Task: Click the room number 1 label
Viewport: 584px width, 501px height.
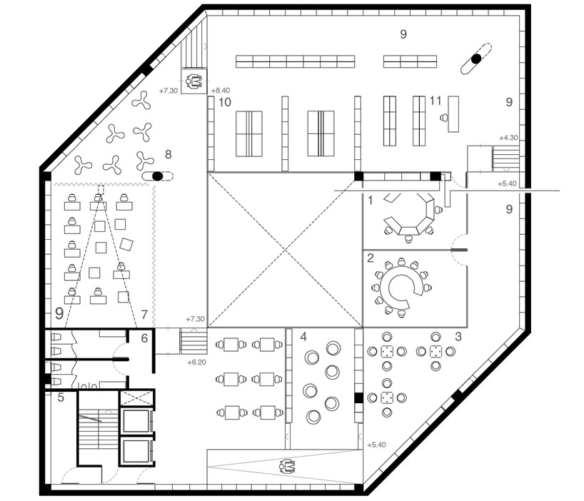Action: click(x=371, y=201)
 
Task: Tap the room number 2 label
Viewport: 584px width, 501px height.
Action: click(x=371, y=258)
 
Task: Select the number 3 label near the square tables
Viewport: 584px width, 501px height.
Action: click(x=458, y=336)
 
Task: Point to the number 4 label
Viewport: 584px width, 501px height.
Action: click(x=303, y=337)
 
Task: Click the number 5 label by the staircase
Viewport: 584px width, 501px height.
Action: click(x=61, y=398)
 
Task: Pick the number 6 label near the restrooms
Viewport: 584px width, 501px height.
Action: click(x=144, y=338)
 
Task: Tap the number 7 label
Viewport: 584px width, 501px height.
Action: click(x=144, y=315)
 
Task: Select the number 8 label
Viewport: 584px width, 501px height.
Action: click(x=168, y=154)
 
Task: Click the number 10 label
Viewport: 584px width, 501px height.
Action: click(x=225, y=102)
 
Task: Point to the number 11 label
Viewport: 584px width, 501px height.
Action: click(x=436, y=101)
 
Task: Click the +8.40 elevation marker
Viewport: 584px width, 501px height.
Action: click(x=221, y=91)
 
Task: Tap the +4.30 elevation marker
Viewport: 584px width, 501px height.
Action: click(x=508, y=138)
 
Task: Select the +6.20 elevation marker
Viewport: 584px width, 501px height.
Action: click(x=196, y=362)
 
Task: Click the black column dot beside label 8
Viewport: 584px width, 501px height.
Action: click(x=158, y=176)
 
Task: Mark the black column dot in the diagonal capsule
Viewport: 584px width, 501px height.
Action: click(x=476, y=59)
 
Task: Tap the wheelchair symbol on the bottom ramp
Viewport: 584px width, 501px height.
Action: click(x=287, y=465)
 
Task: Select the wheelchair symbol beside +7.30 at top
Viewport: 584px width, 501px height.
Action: click(x=193, y=81)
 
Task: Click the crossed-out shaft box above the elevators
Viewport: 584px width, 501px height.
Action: click(x=136, y=398)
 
